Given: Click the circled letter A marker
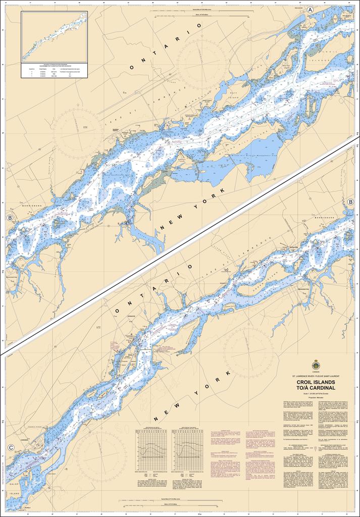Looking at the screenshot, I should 311,10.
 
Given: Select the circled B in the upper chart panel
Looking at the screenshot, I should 10,217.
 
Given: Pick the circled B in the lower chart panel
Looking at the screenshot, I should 350,201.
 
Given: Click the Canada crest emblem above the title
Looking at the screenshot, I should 316,364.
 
